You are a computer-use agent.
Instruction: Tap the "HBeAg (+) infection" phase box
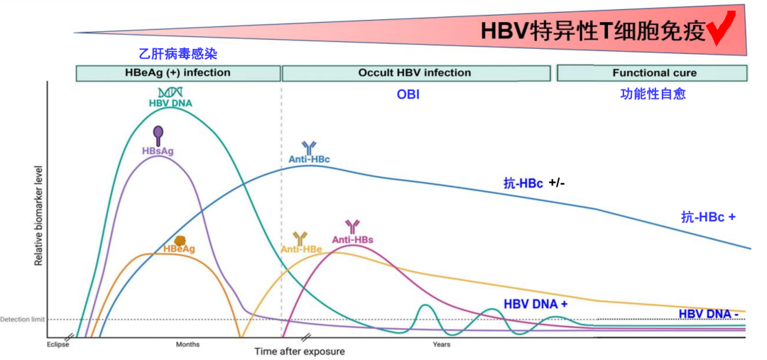pos(178,73)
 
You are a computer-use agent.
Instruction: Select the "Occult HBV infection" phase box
pos(416,73)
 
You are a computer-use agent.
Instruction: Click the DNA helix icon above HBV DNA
pos(170,92)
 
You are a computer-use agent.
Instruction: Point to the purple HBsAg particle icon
pos(158,133)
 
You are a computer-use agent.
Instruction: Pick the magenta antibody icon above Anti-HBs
pos(352,227)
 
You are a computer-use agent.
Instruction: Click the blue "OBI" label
pos(408,94)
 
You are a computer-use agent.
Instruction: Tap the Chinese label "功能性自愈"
pos(653,94)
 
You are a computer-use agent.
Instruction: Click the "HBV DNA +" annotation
pos(535,304)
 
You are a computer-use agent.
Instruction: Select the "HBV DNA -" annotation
pos(708,314)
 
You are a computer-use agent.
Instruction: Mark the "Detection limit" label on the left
pos(23,320)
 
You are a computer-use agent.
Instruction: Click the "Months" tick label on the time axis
pos(187,344)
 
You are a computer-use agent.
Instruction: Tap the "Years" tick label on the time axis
pos(442,344)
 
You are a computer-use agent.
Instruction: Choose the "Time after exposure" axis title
pos(300,351)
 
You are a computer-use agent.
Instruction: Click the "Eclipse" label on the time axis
pos(58,344)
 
